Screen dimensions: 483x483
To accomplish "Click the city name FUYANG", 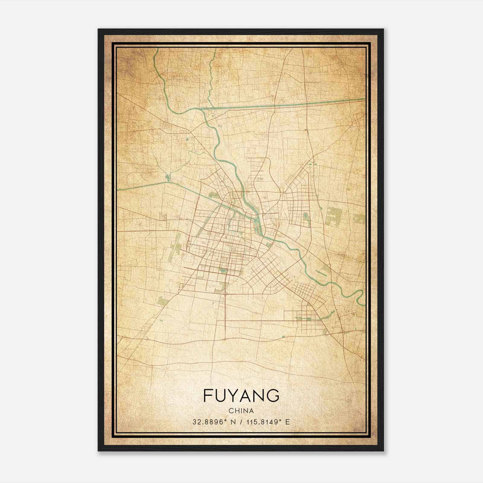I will tap(241, 395).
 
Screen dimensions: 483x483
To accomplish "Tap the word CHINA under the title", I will tap(241, 411).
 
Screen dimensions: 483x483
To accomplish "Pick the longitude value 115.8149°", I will tap(260, 422).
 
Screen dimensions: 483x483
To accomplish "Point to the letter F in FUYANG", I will tap(207, 395).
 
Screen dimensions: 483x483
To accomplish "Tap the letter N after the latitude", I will tap(232, 422).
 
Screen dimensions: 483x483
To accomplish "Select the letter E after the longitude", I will tap(287, 422).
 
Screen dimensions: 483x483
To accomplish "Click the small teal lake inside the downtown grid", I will tap(223, 271).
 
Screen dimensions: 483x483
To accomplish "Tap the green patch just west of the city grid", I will tap(176, 246).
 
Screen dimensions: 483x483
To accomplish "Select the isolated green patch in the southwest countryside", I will tap(162, 300).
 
